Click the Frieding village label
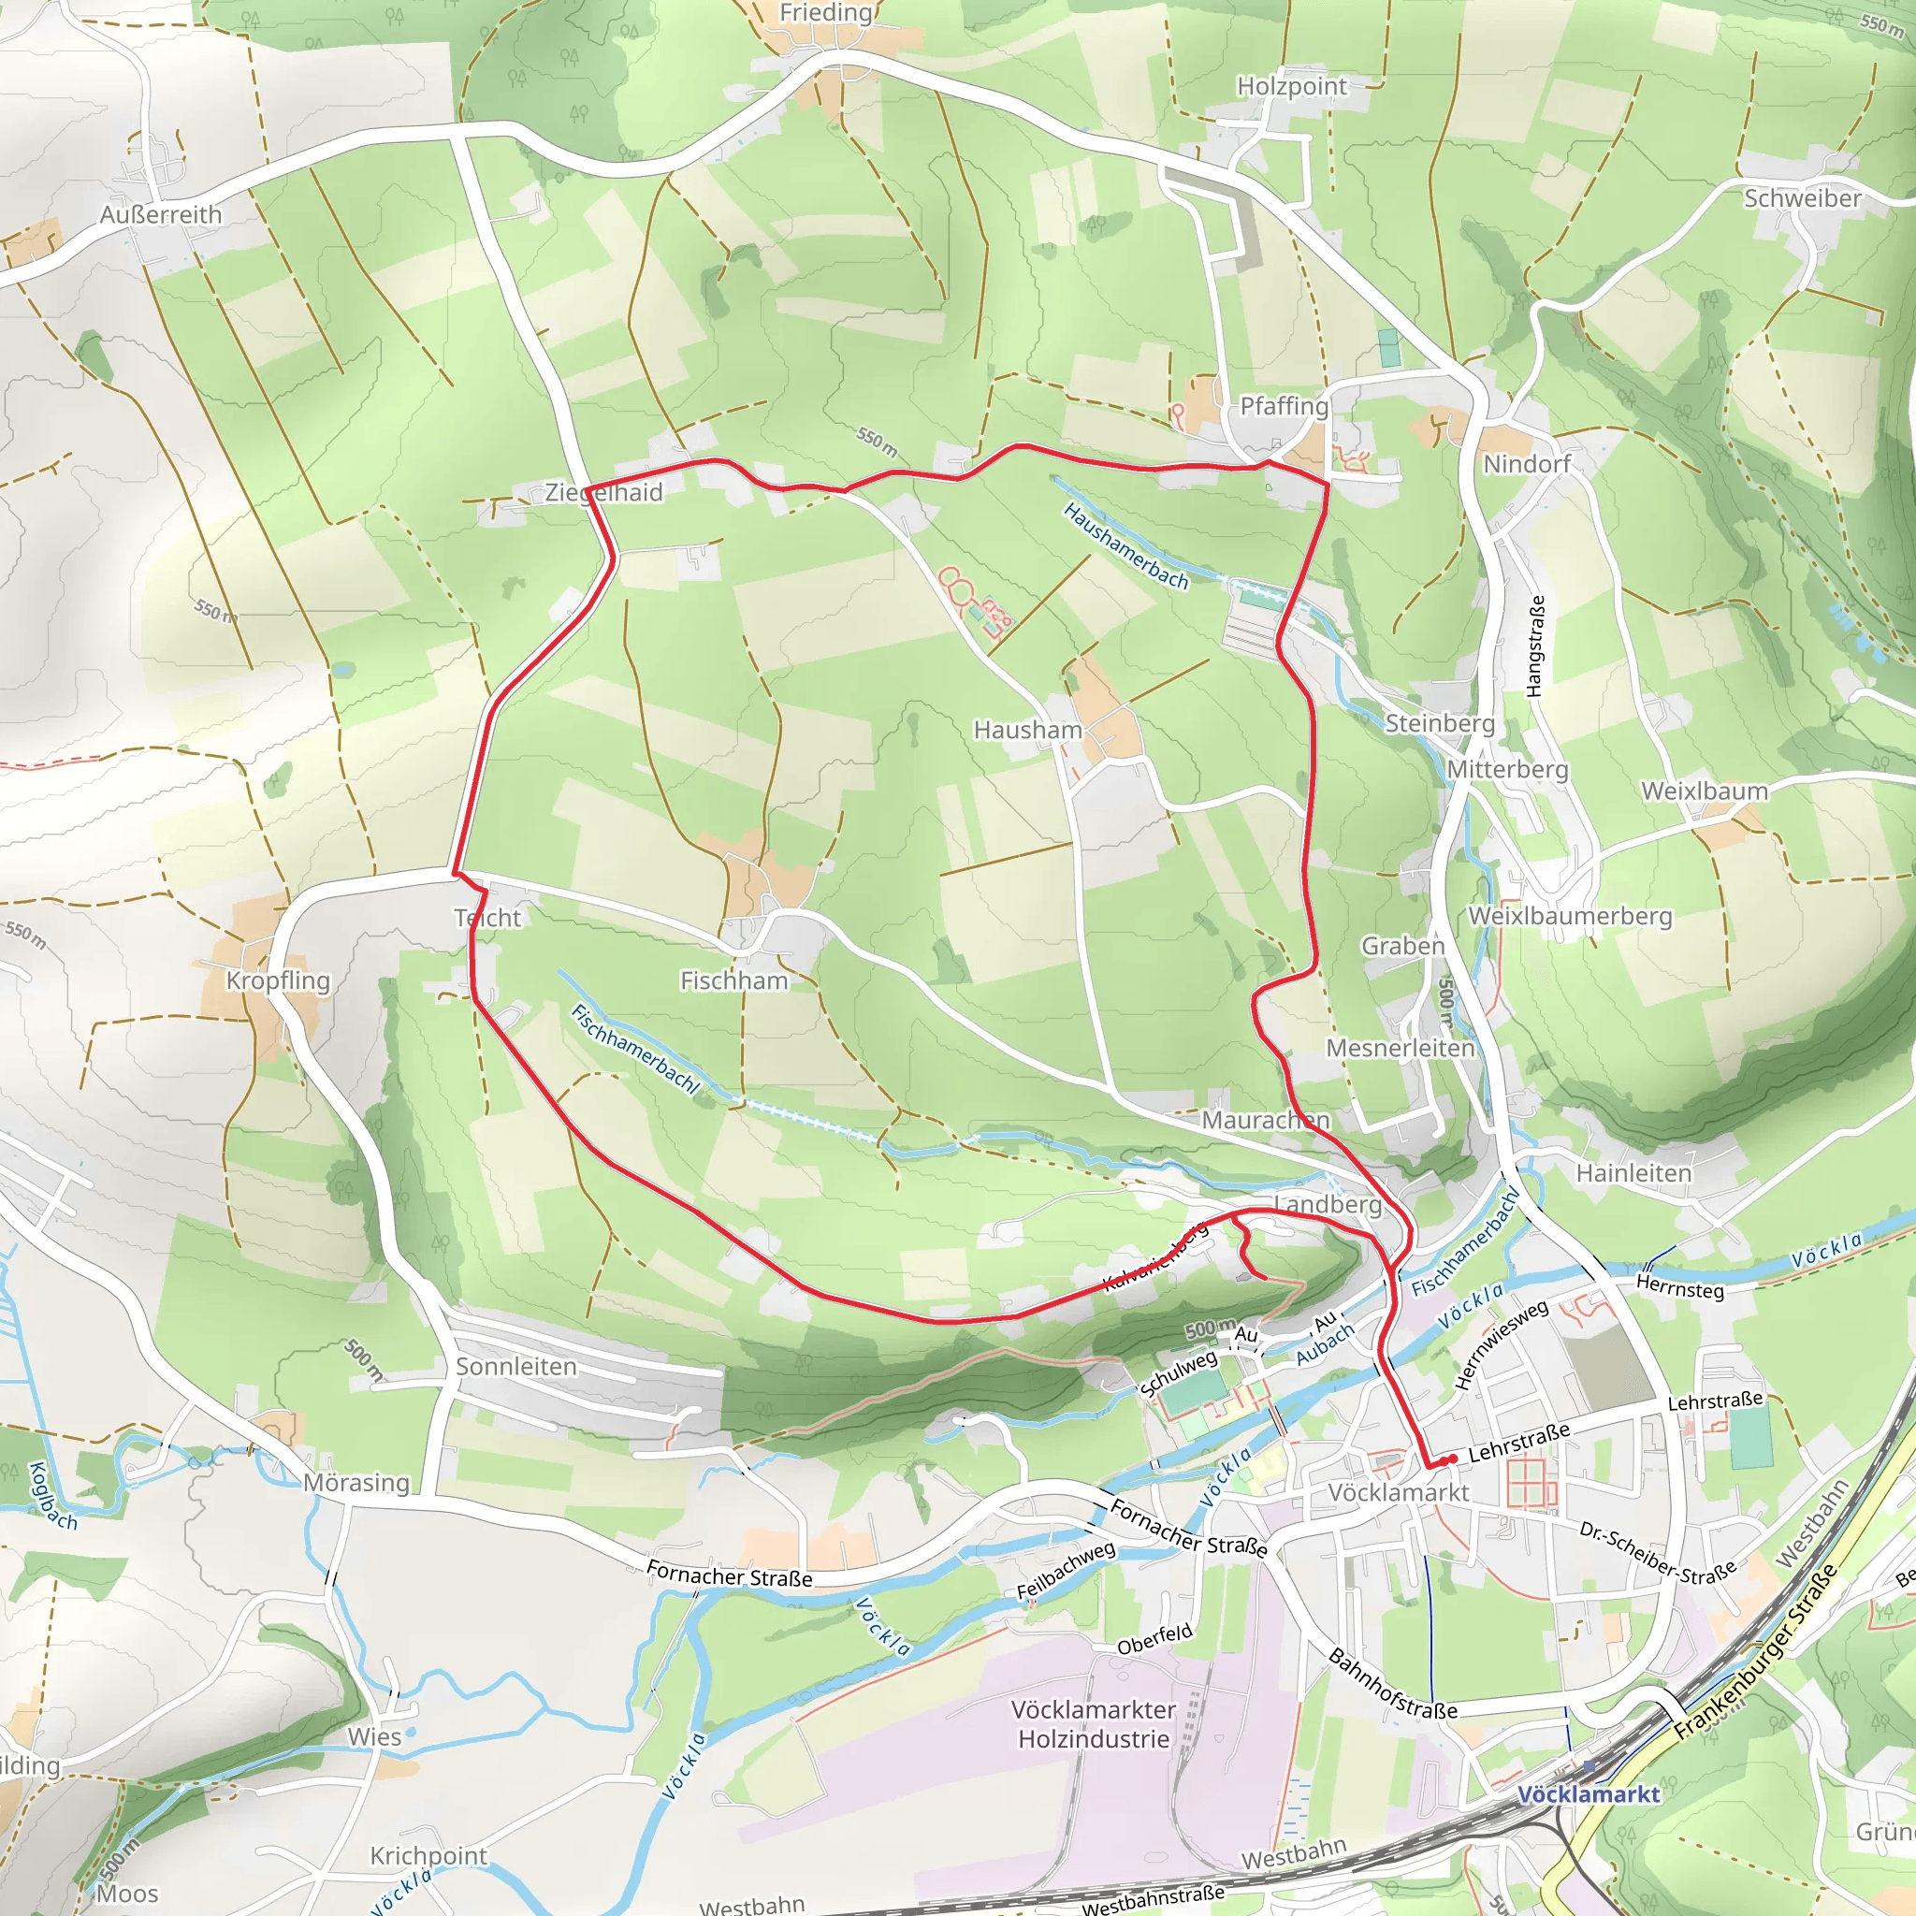click(x=825, y=13)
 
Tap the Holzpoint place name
click(x=1291, y=87)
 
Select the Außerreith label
click(x=161, y=214)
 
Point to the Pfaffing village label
click(x=1284, y=407)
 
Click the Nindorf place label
click(x=1526, y=464)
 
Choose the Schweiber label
click(x=1802, y=198)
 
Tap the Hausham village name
click(x=1027, y=730)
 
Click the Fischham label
click(x=733, y=980)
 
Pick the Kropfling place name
click(x=278, y=980)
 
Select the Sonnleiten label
click(x=515, y=1367)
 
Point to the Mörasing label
click(x=356, y=1483)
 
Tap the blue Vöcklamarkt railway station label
click(x=1588, y=1794)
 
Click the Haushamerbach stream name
click(x=1125, y=546)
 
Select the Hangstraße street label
click(x=1535, y=646)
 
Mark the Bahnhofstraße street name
click(x=1392, y=1684)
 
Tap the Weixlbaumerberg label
click(x=1570, y=916)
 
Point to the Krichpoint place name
click(x=428, y=1855)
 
